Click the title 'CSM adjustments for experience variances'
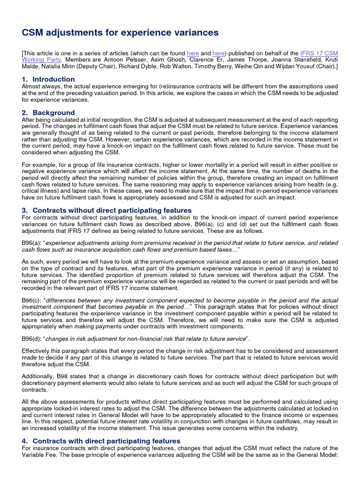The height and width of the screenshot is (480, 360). point(120,32)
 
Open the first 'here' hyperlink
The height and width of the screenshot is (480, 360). point(193,53)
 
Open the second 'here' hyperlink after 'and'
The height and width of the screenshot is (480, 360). point(218,53)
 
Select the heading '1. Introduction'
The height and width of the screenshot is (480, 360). point(48,79)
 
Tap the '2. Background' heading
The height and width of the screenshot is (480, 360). point(48,112)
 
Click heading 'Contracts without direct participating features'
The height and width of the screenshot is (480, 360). point(112,210)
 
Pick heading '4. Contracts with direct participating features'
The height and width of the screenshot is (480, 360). point(101,441)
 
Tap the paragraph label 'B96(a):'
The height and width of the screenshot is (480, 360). point(32,243)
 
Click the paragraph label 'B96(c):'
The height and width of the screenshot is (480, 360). point(32,300)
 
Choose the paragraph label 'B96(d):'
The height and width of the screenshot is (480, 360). point(32,338)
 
